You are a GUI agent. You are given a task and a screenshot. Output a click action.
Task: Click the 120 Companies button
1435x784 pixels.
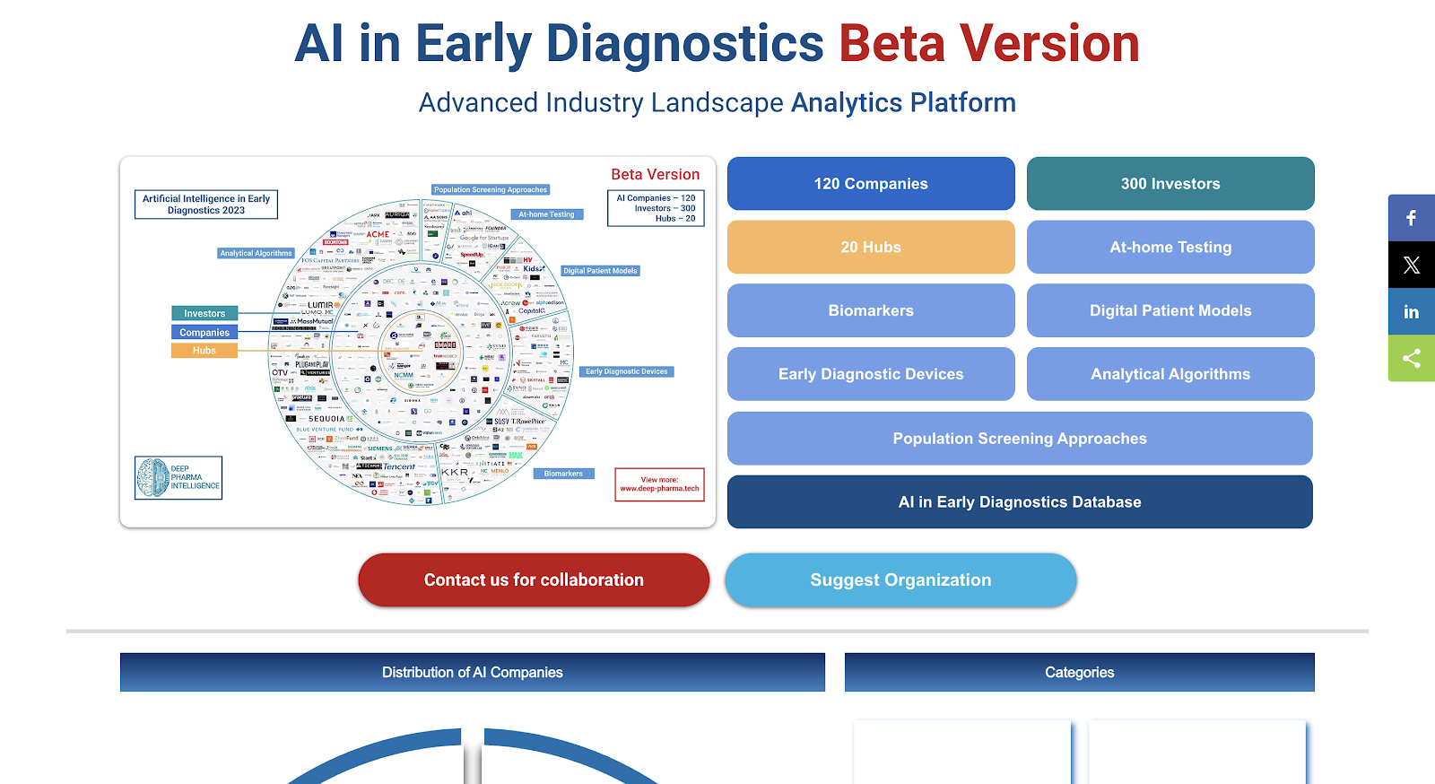pyautogui.click(x=871, y=184)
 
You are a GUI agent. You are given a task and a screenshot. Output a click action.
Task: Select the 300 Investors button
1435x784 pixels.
pyautogui.click(x=1170, y=184)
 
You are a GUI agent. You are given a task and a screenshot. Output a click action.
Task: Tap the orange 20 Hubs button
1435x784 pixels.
pyautogui.click(x=871, y=248)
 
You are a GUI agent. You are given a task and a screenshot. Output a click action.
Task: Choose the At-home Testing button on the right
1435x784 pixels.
pyautogui.click(x=1170, y=248)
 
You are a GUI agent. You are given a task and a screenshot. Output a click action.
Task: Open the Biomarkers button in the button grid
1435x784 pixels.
pyautogui.click(x=871, y=311)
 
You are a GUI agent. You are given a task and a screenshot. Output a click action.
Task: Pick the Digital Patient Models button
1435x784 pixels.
pyautogui.click(x=1170, y=311)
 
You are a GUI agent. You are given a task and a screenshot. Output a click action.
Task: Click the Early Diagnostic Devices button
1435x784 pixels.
pyautogui.click(x=871, y=374)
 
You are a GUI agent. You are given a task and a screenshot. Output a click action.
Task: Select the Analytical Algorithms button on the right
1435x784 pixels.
pyautogui.click(x=1170, y=374)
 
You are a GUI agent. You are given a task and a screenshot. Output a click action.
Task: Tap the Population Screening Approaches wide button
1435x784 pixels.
pyautogui.click(x=1020, y=439)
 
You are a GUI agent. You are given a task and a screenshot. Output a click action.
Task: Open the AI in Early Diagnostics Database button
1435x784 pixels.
pyautogui.click(x=1020, y=502)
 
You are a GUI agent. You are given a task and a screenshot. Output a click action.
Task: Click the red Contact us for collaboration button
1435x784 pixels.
pyautogui.click(x=534, y=580)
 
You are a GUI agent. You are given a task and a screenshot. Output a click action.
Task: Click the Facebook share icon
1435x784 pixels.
pyautogui.click(x=1412, y=218)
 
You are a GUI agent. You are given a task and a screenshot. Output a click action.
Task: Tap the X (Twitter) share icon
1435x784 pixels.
pyautogui.click(x=1412, y=265)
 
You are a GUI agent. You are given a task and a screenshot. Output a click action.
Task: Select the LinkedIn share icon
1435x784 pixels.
pyautogui.click(x=1412, y=311)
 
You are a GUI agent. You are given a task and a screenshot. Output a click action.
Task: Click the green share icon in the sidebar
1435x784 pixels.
pyautogui.click(x=1412, y=358)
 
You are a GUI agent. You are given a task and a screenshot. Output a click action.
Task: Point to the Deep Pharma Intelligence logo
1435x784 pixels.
pyautogui.click(x=178, y=477)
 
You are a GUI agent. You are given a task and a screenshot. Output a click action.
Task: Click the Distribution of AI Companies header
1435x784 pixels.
pyautogui.click(x=473, y=673)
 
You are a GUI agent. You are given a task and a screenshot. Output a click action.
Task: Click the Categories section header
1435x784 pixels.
pyautogui.click(x=1079, y=673)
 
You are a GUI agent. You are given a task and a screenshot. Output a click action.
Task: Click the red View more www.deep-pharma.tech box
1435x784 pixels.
pyautogui.click(x=659, y=484)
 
